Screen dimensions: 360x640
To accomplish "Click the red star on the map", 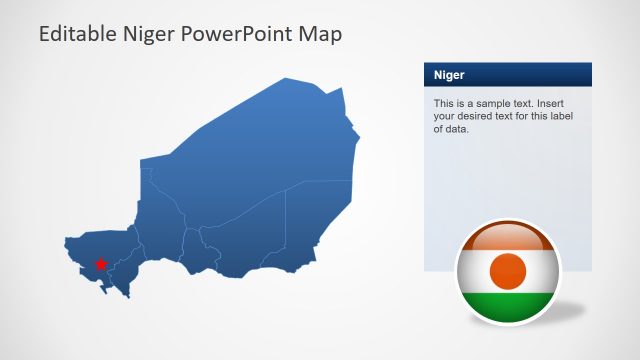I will pyautogui.click(x=100, y=264).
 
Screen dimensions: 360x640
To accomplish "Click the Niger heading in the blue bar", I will pyautogui.click(x=449, y=75).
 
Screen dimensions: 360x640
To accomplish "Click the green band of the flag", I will pyautogui.click(x=509, y=306).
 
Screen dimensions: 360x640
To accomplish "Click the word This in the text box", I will pyautogui.click(x=444, y=103).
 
